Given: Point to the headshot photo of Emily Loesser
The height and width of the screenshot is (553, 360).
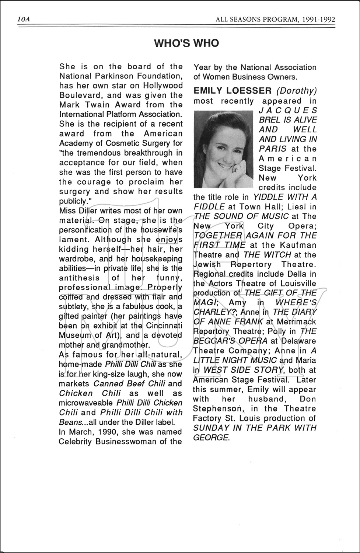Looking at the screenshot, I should pyautogui.click(x=223, y=149).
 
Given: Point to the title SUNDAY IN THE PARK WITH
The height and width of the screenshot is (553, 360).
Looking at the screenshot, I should pyautogui.click(x=255, y=428).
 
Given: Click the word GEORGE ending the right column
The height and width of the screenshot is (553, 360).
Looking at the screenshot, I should pyautogui.click(x=210, y=438).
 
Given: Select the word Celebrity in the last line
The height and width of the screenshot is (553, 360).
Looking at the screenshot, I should pyautogui.click(x=75, y=441).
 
